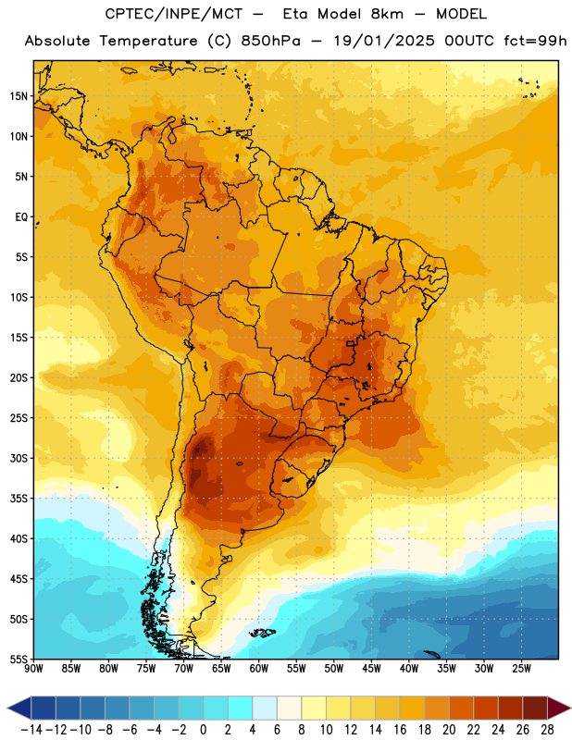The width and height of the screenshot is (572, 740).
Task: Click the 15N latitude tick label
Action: pos(19,96)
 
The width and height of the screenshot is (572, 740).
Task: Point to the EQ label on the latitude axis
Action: pos(21,217)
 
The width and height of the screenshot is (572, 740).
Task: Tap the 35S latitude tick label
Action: pos(19,499)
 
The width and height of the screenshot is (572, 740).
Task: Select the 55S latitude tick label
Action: pos(19,659)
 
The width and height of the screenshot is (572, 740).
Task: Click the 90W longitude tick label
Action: pos(33,669)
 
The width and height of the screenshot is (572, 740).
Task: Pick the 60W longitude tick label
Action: pos(259,669)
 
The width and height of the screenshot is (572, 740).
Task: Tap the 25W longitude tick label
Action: pos(521,669)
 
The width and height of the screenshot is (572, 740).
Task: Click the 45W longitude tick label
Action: pos(371,669)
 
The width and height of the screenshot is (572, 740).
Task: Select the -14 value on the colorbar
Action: pos(31,730)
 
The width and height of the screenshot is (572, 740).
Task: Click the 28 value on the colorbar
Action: pos(547,730)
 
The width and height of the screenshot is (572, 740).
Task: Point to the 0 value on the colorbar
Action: pos(203,730)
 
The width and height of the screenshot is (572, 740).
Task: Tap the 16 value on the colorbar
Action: pos(400,730)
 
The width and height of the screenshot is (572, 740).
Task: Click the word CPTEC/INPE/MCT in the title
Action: pos(174,14)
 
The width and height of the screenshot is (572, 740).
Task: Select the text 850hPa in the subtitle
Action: pos(270,41)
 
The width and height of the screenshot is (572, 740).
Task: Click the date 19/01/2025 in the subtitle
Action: pos(384,41)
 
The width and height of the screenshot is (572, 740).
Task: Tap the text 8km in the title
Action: pos(387,14)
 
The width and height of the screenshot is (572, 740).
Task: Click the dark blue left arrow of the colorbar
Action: pos(19,708)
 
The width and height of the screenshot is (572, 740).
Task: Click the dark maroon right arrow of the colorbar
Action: pos(559,708)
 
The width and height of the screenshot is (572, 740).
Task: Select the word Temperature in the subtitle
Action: pos(148,41)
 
